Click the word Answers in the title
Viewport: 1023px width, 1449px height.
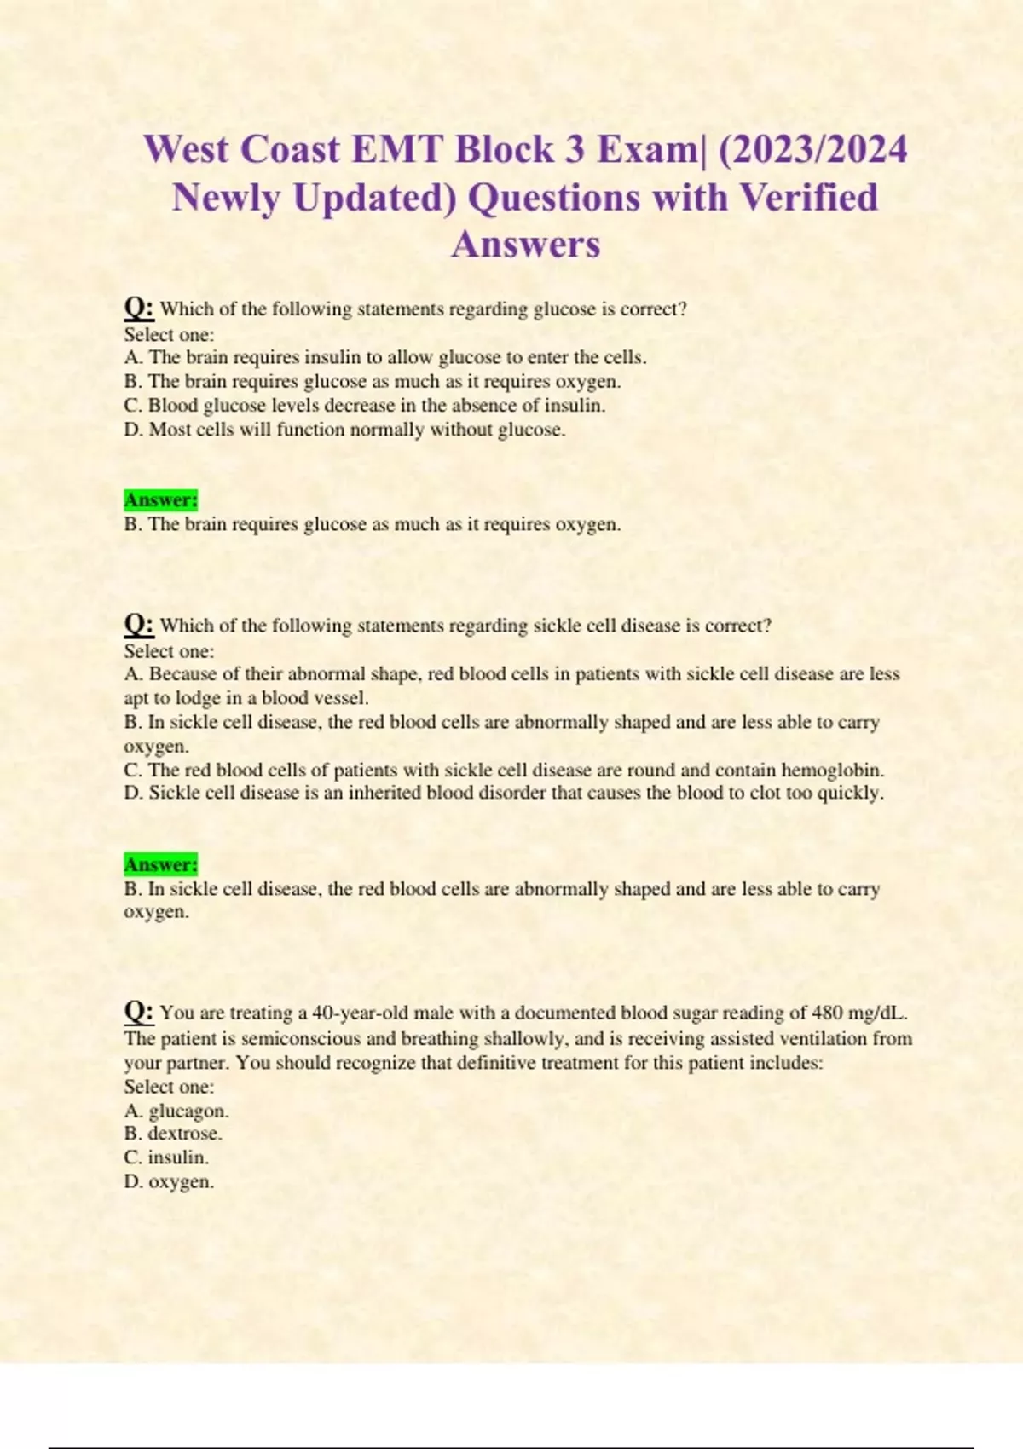click(525, 245)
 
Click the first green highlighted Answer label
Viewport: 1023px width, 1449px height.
click(161, 499)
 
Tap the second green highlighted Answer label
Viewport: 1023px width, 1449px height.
click(161, 864)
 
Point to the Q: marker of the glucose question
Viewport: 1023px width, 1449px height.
click(138, 308)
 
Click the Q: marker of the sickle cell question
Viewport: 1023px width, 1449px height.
click(138, 625)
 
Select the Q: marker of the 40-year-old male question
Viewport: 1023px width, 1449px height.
click(138, 1012)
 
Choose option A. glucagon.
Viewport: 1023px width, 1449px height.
click(176, 1111)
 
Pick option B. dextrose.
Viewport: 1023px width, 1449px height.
click(173, 1134)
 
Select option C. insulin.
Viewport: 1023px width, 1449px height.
click(166, 1157)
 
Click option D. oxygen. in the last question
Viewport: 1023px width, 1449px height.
click(169, 1181)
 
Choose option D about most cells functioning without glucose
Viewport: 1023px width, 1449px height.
click(344, 430)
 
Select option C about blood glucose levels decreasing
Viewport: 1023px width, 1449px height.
click(365, 406)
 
